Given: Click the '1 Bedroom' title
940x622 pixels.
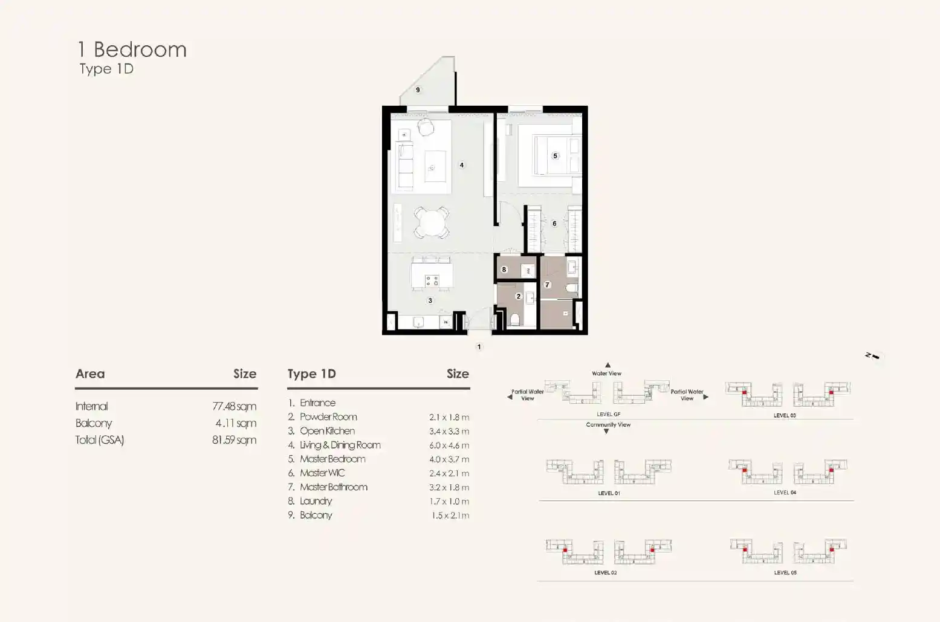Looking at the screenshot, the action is (132, 50).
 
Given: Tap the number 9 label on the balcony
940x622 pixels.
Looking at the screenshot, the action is (418, 90).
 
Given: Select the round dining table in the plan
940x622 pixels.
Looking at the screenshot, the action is (432, 222).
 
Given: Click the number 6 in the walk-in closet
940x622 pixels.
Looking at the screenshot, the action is (554, 223).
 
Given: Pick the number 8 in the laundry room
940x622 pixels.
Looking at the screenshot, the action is (504, 270).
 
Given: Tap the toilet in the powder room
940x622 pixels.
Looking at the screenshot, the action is (515, 320).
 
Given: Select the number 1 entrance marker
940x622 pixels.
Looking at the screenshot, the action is (479, 347).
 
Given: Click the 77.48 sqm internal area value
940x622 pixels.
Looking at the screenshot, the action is (234, 406).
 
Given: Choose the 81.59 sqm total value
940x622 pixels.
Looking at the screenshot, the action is (234, 440).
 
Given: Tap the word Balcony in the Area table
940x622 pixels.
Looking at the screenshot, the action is (94, 423).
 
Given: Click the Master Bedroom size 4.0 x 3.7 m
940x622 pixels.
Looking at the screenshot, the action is (449, 459).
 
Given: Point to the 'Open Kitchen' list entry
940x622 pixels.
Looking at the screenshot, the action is (327, 431).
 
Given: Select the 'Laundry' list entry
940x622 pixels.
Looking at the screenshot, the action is (316, 501).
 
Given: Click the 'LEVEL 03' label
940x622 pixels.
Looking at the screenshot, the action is (785, 415).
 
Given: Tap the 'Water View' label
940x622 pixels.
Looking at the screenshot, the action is (606, 374).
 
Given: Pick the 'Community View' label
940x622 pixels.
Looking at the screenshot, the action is (608, 425).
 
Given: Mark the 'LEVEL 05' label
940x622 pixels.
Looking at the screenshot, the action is (785, 572).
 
